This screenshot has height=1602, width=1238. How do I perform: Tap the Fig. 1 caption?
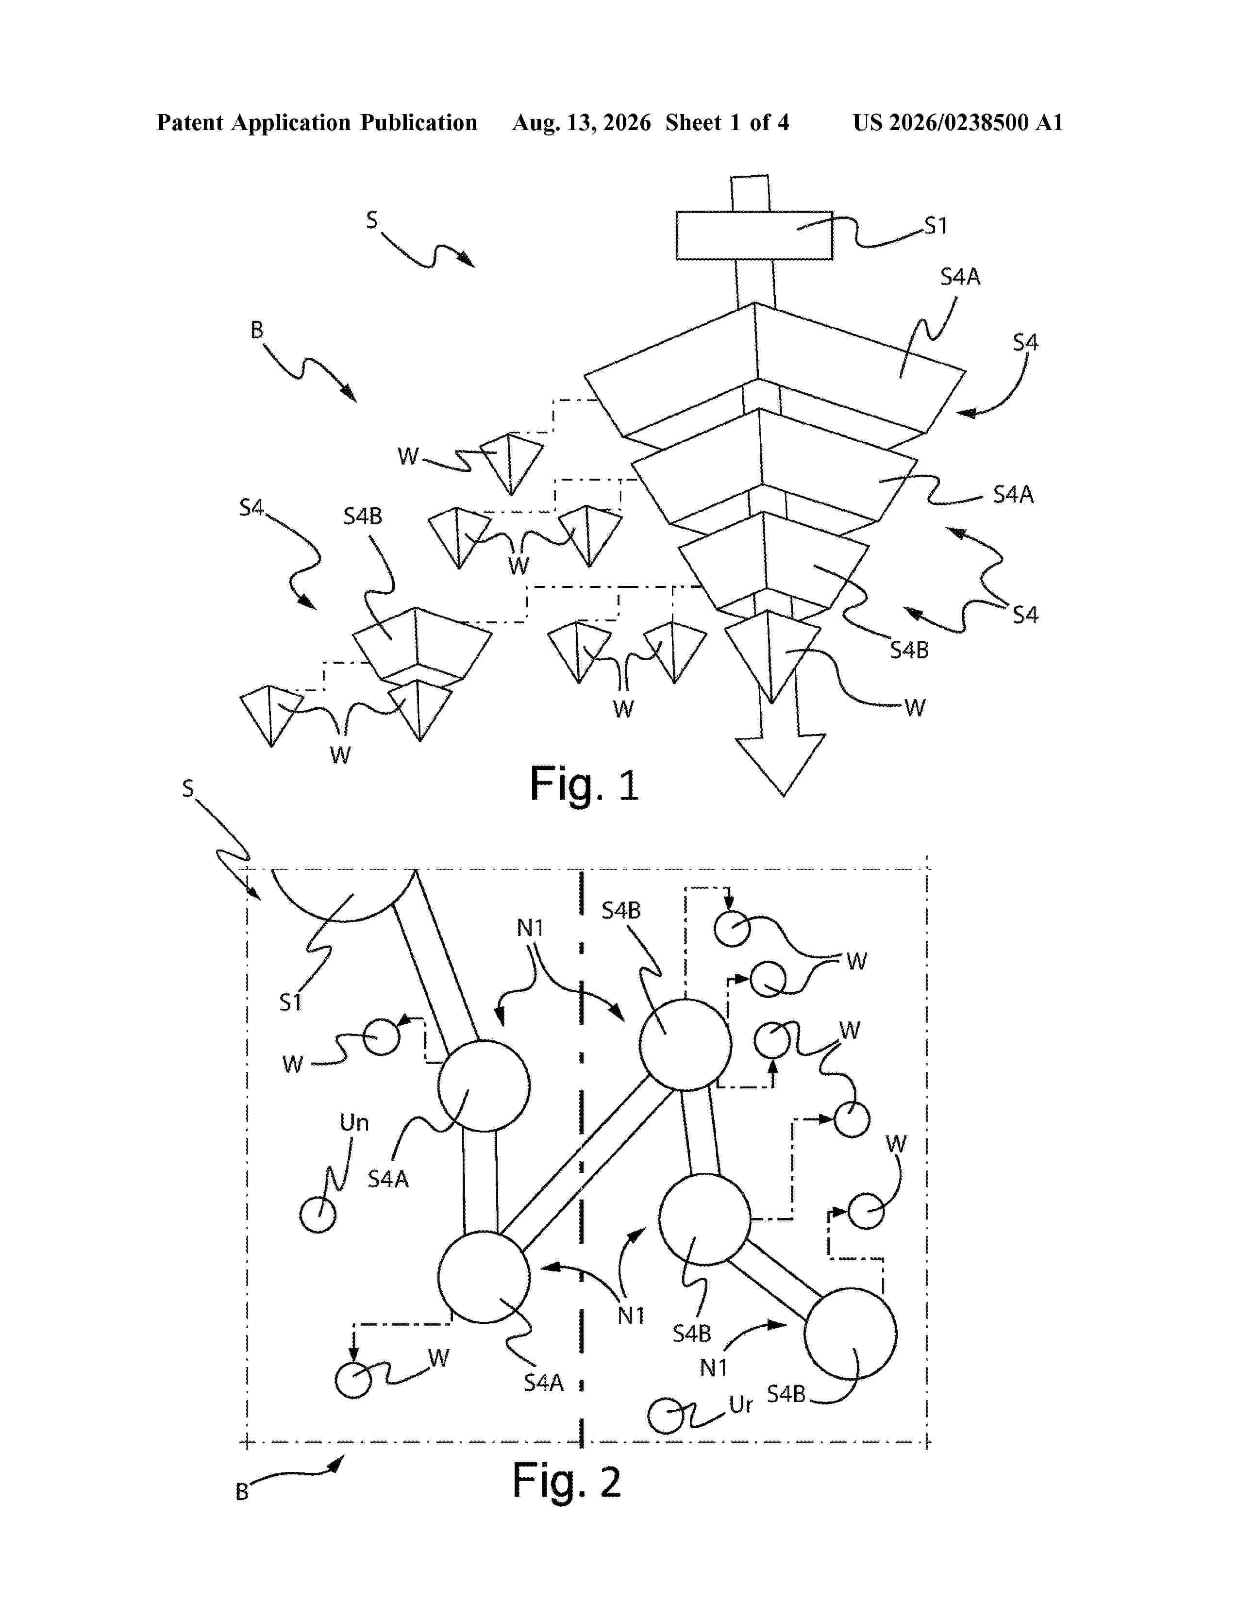tap(585, 785)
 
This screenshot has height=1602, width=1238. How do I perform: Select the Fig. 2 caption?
tap(566, 1481)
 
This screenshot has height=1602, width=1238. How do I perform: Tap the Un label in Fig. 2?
tap(353, 1122)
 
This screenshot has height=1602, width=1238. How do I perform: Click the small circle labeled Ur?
tap(667, 1415)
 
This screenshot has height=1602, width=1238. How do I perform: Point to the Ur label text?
tap(741, 1405)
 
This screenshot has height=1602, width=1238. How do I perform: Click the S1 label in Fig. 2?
tap(290, 1002)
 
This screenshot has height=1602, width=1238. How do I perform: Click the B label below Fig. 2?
tap(242, 1492)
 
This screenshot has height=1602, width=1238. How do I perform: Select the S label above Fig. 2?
tap(188, 788)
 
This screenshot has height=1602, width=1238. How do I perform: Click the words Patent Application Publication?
tap(317, 123)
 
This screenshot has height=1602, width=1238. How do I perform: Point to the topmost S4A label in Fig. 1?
tap(960, 277)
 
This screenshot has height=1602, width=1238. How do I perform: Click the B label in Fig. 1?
tap(257, 330)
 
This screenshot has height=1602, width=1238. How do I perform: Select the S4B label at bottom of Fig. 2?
tap(786, 1394)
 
